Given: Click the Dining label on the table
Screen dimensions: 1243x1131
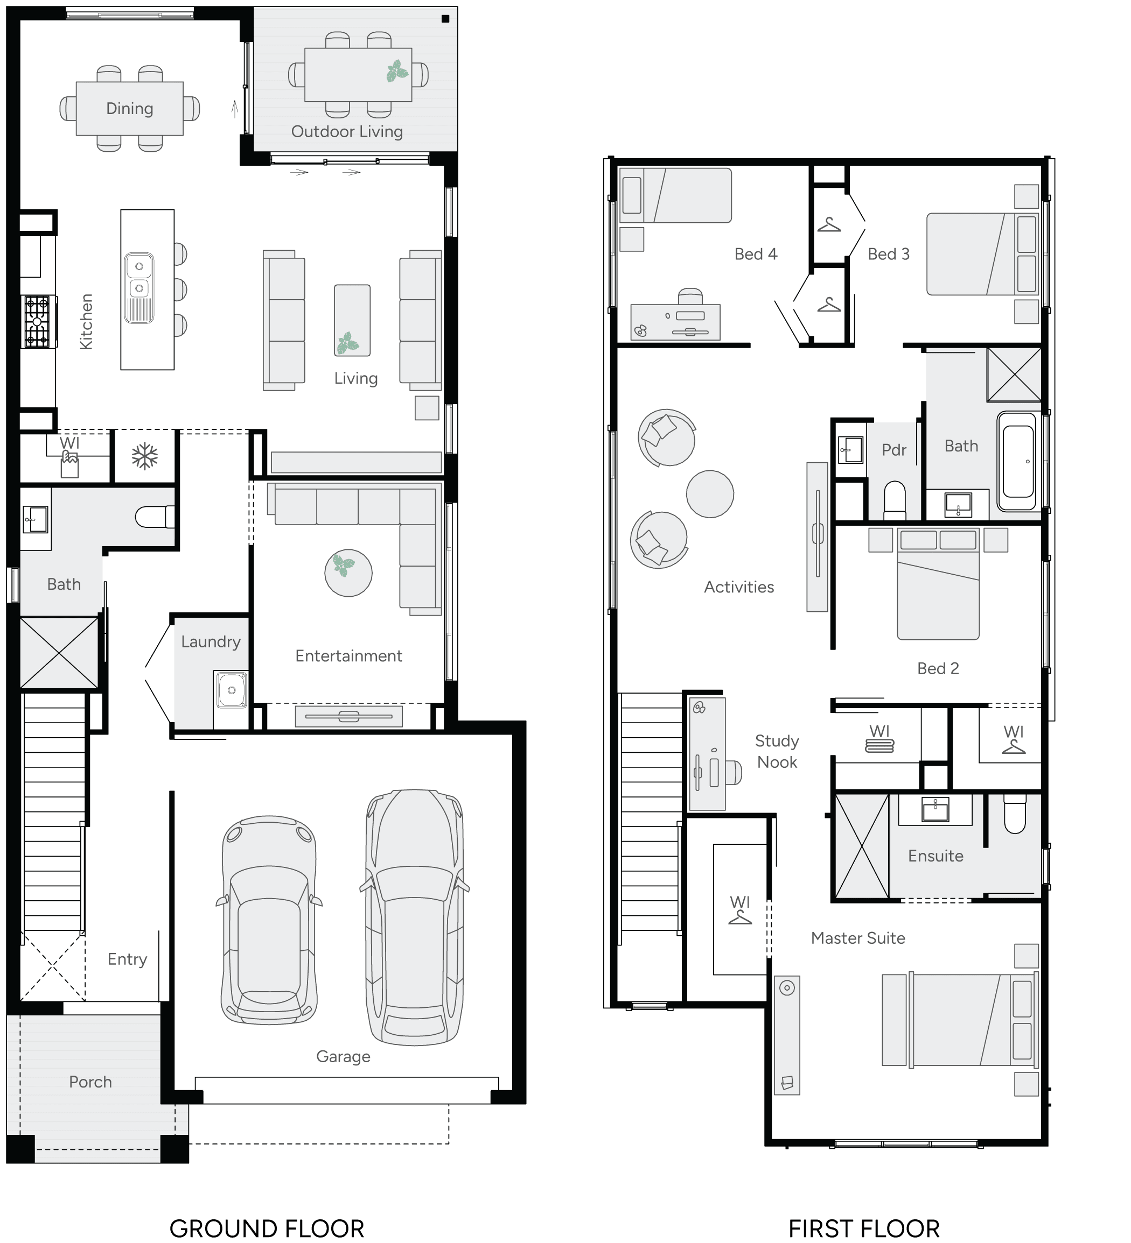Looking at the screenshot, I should coord(130,109).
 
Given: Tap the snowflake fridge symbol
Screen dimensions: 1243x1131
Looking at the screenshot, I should coord(144,457).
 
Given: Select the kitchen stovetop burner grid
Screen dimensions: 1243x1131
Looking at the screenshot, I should coord(37,321).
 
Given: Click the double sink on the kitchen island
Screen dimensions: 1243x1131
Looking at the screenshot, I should coord(139,287).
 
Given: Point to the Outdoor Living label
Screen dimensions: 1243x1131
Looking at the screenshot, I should coord(347,131).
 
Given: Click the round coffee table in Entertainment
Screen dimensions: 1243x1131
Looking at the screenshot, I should coord(348,573).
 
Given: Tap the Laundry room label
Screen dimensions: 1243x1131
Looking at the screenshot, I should coord(211,642).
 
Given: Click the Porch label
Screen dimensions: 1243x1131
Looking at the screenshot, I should coord(90,1082).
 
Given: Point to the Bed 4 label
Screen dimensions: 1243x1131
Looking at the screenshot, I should coord(755,254).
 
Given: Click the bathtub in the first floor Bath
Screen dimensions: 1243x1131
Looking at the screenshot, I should coord(1017,461).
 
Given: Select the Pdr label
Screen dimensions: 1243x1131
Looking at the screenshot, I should coord(893,450).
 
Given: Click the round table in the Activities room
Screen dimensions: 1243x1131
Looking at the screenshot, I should coord(710,494).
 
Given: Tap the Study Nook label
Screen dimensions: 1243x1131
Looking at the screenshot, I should coord(777,752).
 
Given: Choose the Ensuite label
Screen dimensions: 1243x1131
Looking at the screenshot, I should coord(935,856).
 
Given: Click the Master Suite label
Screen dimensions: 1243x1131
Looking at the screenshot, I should coord(857,938).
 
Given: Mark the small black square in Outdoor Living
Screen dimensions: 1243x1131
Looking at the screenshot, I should coord(445,18).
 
